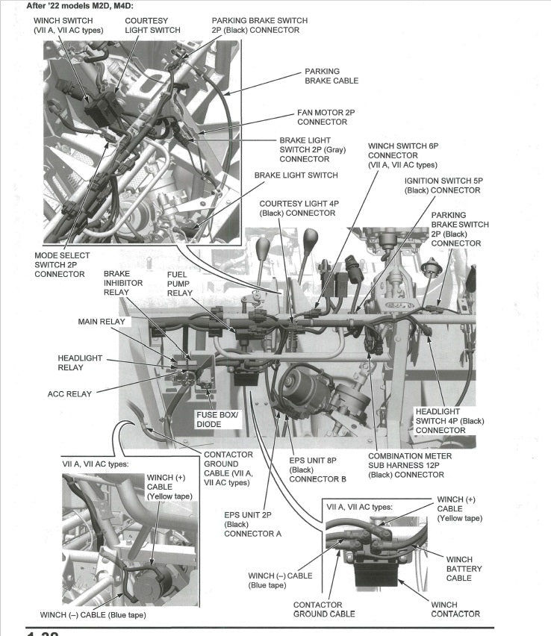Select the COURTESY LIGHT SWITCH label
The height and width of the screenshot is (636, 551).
tap(152, 25)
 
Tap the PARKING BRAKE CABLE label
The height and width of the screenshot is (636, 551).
tap(331, 76)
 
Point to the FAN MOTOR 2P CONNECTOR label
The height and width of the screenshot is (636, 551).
tap(326, 117)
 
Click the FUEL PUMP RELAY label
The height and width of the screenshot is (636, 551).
tap(180, 284)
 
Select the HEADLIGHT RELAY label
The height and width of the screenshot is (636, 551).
tap(80, 363)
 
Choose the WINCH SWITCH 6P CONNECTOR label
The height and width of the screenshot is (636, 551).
tap(402, 155)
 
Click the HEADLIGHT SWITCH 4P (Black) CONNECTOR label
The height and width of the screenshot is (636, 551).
tap(449, 420)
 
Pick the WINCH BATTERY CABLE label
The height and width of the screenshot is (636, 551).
tap(464, 569)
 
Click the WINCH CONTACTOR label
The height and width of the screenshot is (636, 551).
tap(455, 608)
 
